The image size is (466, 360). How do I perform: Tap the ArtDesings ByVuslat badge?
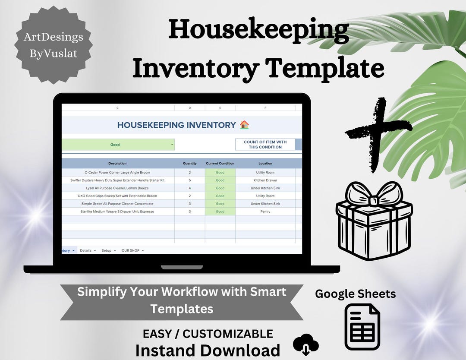coord(54,45)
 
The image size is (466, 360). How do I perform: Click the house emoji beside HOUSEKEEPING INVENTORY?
coord(244,125)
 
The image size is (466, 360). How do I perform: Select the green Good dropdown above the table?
coord(118,145)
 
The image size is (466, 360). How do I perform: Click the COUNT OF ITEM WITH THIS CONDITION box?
coord(265,145)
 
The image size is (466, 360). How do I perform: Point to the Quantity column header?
coord(189,164)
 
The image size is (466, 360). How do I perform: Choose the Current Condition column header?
coord(220,164)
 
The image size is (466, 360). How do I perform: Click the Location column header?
coord(265,164)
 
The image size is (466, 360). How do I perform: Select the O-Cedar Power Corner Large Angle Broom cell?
coord(117,172)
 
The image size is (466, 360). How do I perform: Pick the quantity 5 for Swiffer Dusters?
coord(189,180)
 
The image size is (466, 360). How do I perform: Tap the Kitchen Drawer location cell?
coord(265,180)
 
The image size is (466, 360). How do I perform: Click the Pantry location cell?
coord(265,212)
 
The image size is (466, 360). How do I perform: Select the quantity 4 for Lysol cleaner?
coord(189,188)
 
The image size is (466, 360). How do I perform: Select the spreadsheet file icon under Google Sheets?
coord(362,326)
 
